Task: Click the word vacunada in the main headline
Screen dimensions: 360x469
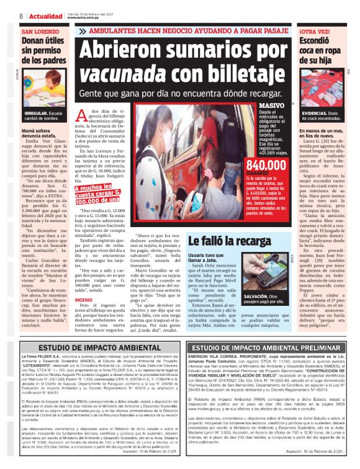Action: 115,74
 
